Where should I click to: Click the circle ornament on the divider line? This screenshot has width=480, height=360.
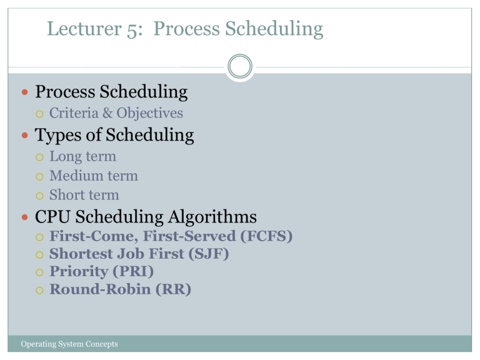coord(240,66)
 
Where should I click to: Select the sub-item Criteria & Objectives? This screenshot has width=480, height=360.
coord(116,113)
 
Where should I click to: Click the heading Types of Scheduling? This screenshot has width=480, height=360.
coord(114,135)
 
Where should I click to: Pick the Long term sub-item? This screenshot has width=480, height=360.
coord(82,156)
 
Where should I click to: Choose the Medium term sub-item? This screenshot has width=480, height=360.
coord(94,176)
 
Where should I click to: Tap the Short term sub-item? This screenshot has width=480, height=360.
coord(84,195)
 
